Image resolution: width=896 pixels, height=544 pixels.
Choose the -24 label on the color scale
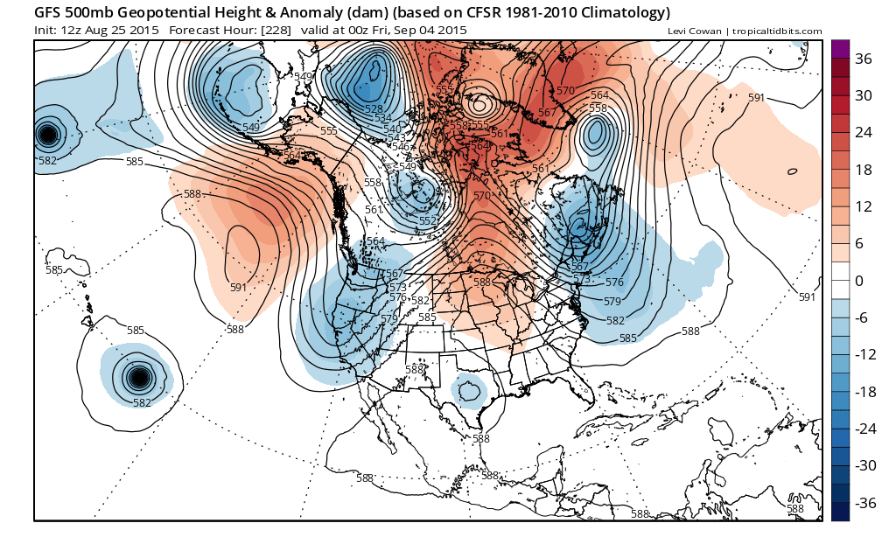(865, 429)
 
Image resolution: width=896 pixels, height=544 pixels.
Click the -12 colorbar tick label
(865, 354)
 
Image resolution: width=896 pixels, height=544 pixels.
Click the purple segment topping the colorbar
(840, 49)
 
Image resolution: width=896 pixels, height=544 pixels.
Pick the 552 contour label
(428, 220)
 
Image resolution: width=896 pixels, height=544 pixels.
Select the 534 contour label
(383, 118)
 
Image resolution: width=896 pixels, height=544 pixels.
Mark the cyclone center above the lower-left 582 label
(138, 378)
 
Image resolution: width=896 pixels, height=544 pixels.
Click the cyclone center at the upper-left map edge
(47, 134)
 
